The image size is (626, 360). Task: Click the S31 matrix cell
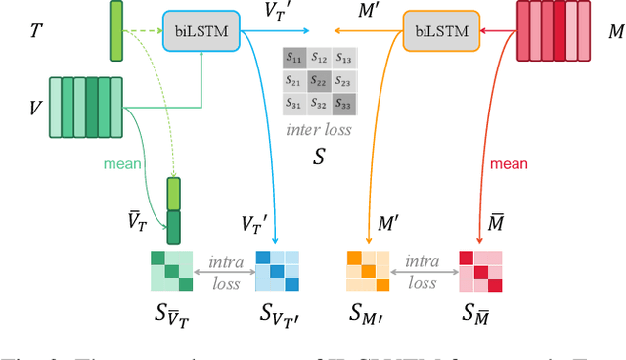(x=293, y=103)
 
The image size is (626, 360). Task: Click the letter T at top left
(x=36, y=31)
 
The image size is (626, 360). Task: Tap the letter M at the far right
(x=615, y=32)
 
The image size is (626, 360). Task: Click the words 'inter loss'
(x=318, y=129)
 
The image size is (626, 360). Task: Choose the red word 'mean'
(x=509, y=163)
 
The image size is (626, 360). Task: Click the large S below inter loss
(x=318, y=156)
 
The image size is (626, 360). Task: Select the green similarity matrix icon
(x=171, y=271)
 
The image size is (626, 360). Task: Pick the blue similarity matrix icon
(x=276, y=271)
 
